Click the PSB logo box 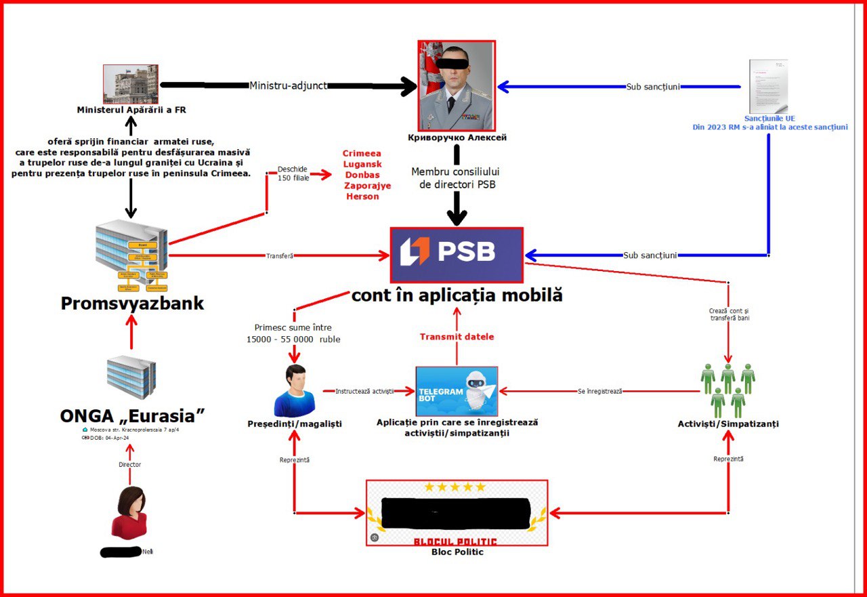457,255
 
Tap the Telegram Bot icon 457,391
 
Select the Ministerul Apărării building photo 130,84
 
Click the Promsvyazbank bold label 132,303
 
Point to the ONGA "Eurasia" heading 132,415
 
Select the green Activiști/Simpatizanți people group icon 728,390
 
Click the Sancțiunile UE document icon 768,86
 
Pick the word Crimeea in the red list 362,154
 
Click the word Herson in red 362,197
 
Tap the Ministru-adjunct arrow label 289,86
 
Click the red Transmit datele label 457,337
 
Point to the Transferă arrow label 279,256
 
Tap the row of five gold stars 455,487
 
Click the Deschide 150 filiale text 293,173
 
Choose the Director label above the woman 129,465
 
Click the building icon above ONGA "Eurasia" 131,377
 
